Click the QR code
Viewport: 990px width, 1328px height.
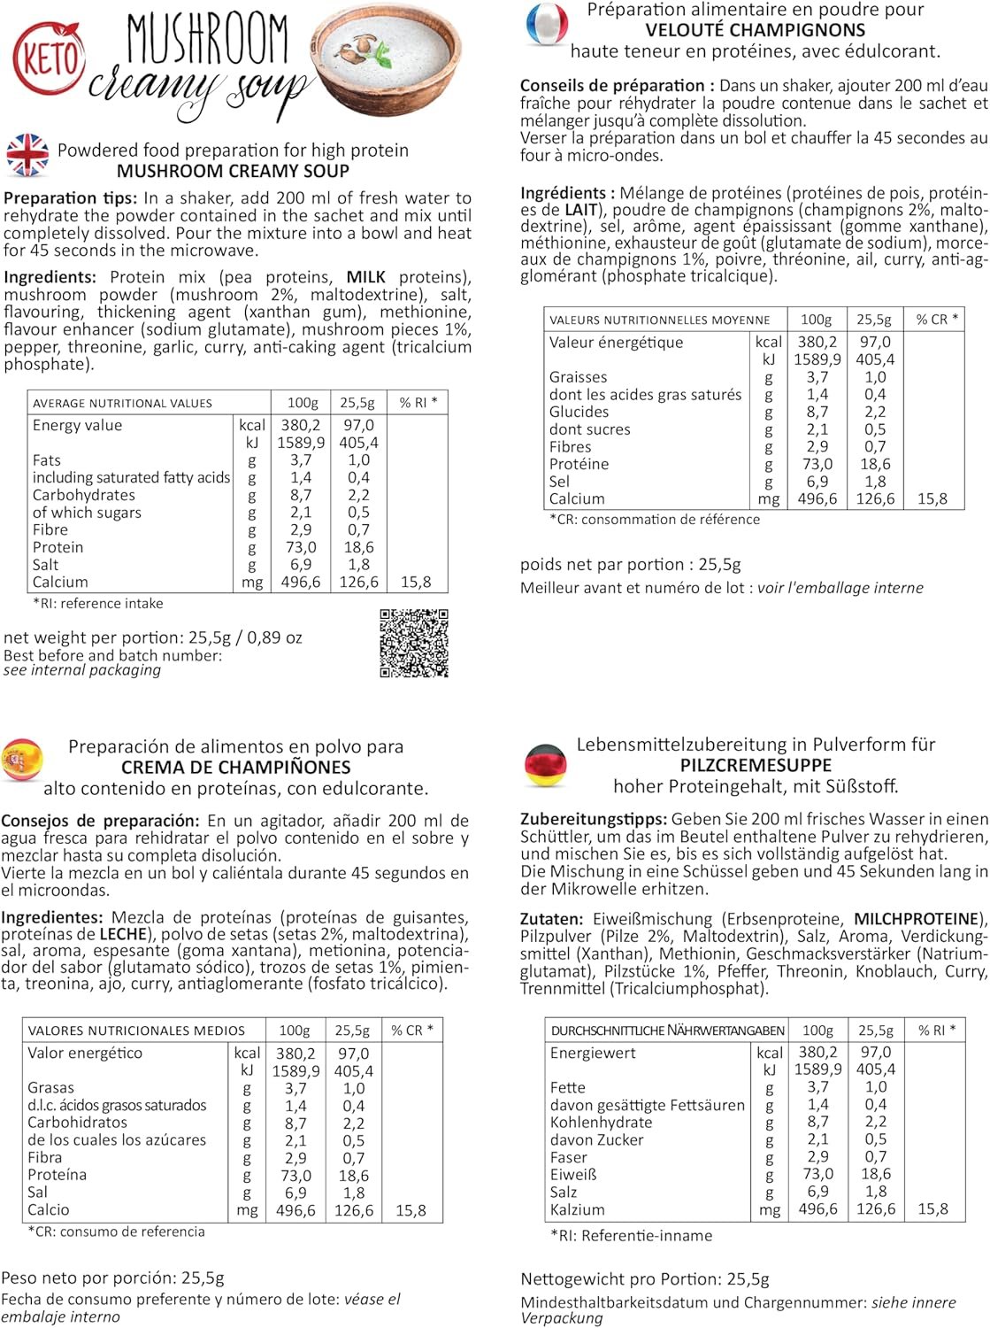[414, 643]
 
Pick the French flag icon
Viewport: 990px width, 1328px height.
[546, 24]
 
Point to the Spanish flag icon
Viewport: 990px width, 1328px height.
[21, 760]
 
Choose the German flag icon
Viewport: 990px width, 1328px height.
[545, 765]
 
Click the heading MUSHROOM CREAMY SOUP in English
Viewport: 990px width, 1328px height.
[233, 171]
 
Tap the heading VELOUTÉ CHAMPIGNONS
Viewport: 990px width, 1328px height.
[755, 30]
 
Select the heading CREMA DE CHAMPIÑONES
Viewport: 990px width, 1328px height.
[235, 768]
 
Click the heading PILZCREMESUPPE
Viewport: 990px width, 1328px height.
[756, 765]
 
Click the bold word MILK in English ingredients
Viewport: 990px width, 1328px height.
[366, 277]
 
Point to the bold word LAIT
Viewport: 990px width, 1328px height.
[580, 210]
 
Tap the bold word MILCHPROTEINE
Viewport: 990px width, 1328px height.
[917, 919]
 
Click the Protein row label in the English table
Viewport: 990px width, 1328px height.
[58, 547]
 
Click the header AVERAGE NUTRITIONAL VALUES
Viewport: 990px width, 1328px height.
[122, 403]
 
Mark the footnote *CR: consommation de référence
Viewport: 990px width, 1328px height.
[655, 520]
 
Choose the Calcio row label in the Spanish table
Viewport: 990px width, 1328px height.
[48, 1209]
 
